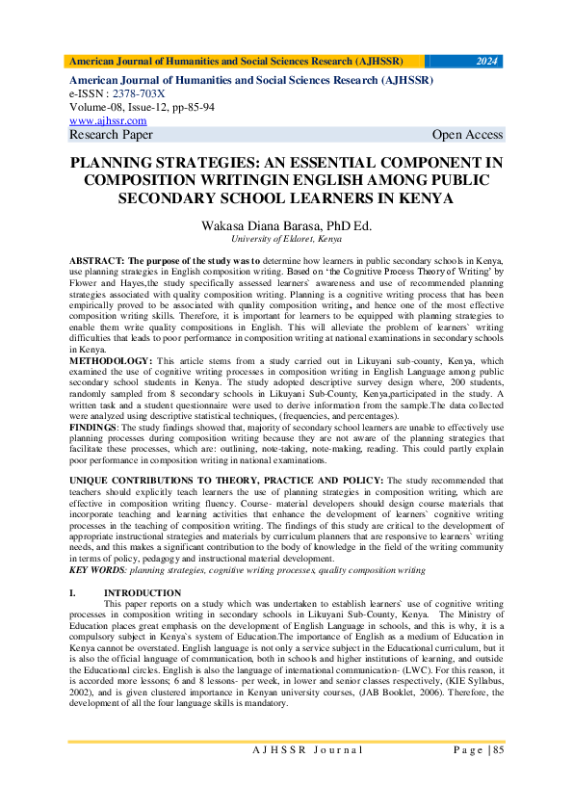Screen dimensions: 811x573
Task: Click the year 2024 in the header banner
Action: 487,61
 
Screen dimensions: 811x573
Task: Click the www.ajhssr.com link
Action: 108,120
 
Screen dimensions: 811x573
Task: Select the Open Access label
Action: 467,135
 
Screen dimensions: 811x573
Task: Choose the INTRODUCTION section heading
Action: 142,592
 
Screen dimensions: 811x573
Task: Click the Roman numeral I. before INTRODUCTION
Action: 73,592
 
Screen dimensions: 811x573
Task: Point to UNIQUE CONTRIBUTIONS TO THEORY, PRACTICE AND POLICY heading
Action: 225,478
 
